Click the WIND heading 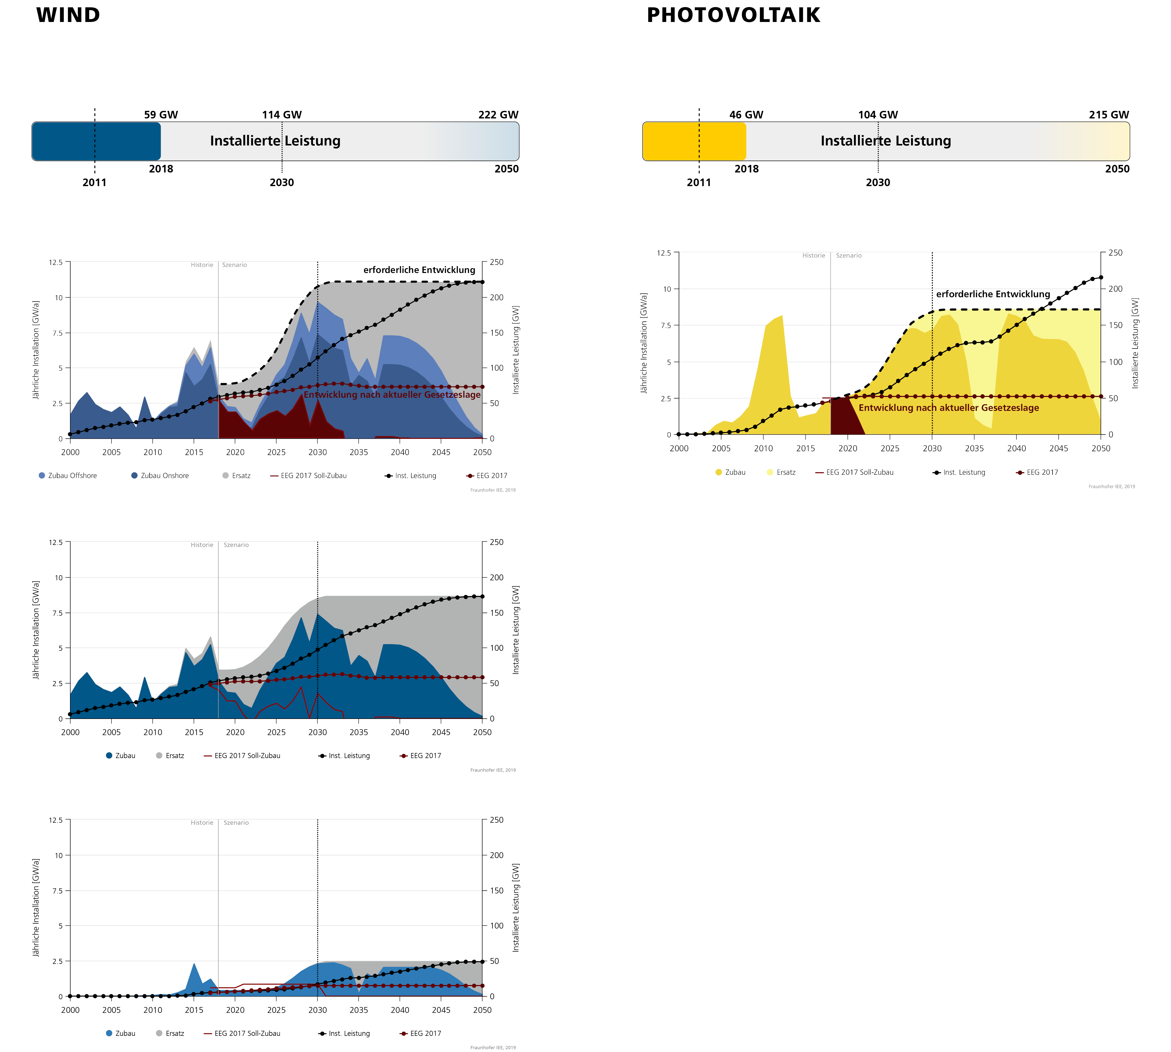(68, 15)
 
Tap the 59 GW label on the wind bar (161, 114)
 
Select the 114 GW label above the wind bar (282, 114)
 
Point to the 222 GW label (498, 114)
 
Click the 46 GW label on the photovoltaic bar (746, 114)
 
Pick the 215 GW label (1109, 114)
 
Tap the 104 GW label (878, 114)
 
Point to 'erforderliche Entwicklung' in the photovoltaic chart (993, 294)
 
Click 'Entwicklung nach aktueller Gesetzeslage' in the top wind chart (392, 395)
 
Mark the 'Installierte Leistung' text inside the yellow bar (885, 141)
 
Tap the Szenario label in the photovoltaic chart (848, 256)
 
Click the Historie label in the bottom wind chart (202, 822)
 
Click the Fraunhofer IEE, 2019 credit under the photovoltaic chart (1111, 487)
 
